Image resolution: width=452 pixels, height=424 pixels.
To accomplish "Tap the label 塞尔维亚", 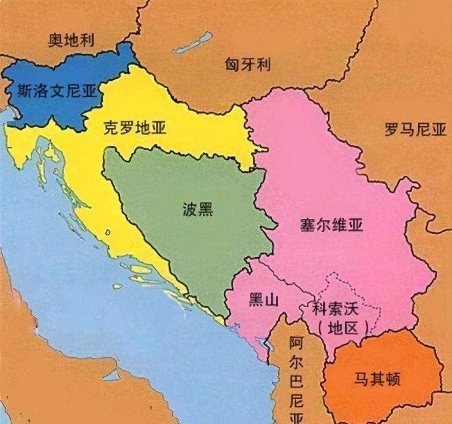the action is pos(331,226).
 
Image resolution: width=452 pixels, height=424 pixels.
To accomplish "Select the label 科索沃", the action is pos(334,310).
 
